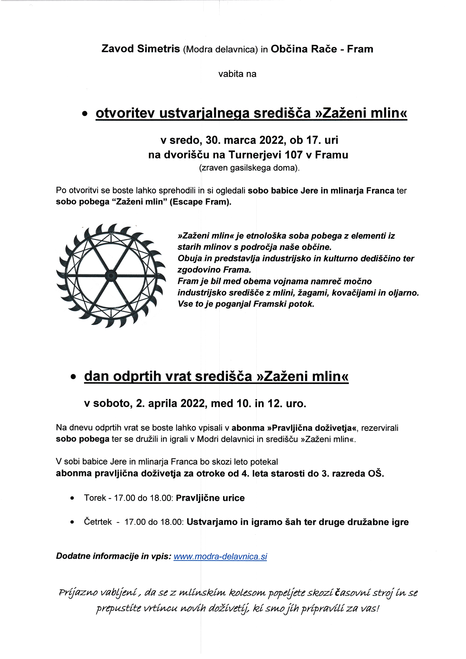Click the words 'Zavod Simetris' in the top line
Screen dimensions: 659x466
[141, 49]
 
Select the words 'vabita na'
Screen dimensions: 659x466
[237, 74]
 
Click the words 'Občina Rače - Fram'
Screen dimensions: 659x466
[322, 49]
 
